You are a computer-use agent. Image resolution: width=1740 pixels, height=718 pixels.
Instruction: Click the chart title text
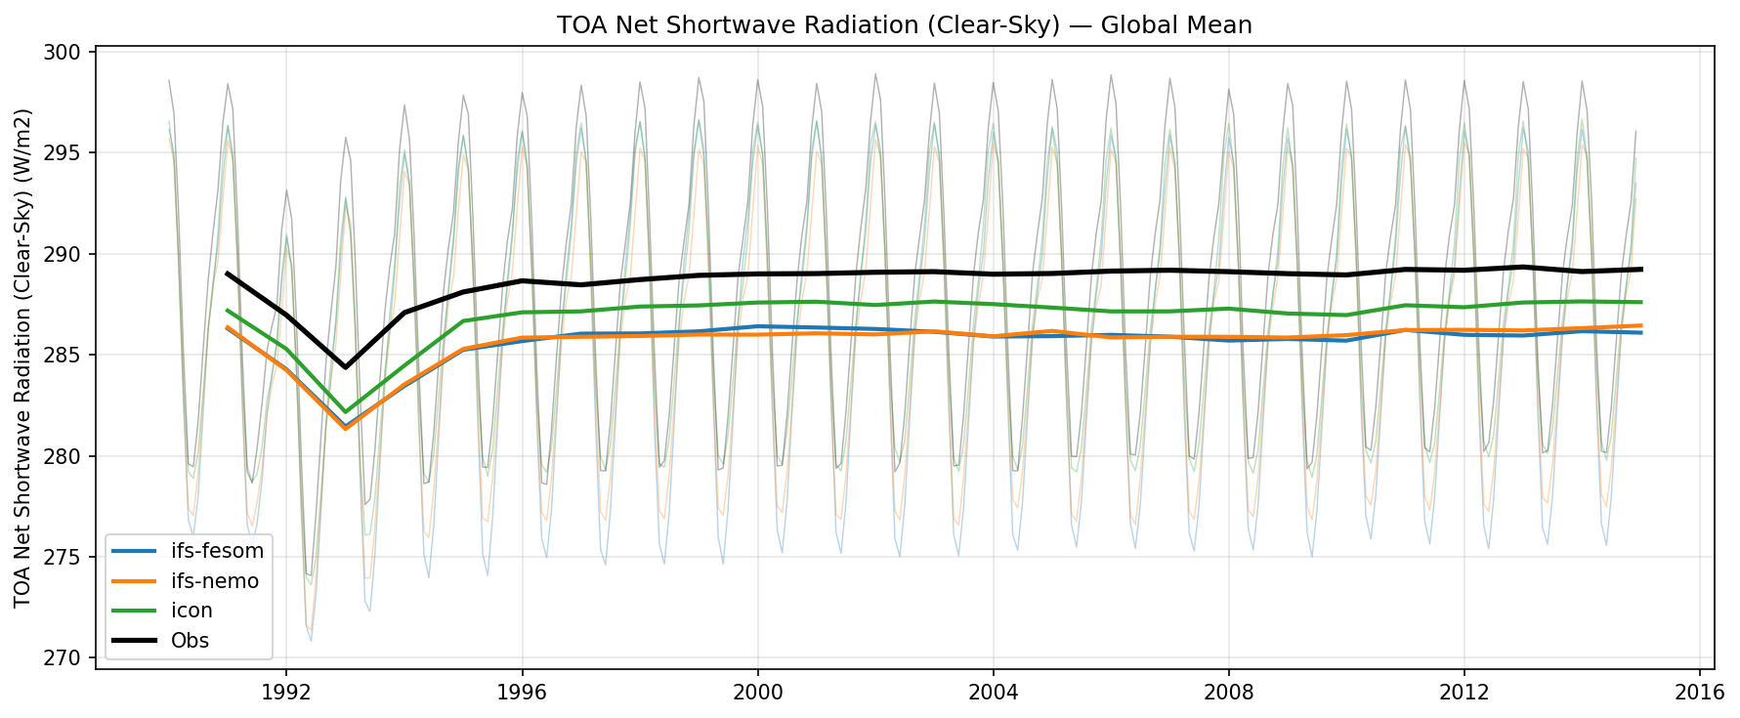tap(904, 25)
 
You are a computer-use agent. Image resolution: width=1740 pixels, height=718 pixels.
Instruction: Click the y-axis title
tap(24, 358)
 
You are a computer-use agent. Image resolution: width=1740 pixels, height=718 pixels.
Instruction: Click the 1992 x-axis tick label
tap(286, 693)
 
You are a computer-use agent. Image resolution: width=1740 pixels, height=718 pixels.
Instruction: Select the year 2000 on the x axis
tap(757, 693)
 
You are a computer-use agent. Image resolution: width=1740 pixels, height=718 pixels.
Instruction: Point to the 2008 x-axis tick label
tap(1229, 693)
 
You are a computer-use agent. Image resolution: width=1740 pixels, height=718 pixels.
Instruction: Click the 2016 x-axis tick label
tap(1700, 693)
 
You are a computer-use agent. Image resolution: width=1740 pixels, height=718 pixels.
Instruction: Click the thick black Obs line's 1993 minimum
tap(345, 367)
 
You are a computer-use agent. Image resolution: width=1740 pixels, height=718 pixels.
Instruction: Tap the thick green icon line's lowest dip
tap(345, 412)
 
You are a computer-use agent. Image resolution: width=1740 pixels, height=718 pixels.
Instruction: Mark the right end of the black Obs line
tap(1641, 269)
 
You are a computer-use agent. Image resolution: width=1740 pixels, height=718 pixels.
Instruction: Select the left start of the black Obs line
tap(227, 274)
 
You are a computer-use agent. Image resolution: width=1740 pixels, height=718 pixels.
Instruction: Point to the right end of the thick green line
tap(1641, 302)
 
